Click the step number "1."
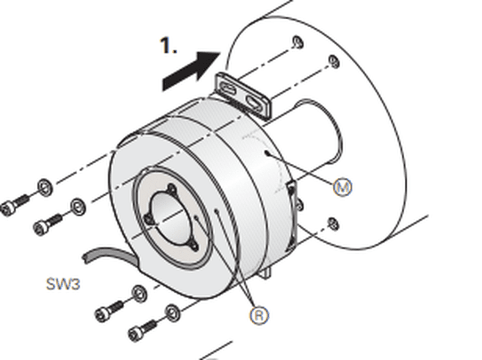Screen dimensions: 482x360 pos(169,46)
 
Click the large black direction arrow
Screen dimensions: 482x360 pos(191,72)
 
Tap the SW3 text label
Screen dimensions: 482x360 pos(63,284)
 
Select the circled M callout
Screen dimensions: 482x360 pos(343,187)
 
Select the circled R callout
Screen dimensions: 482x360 pos(259,315)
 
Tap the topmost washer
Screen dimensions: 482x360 pos(45,187)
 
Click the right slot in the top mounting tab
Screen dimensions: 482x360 pos(255,102)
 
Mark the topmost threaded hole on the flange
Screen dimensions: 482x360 pos(297,42)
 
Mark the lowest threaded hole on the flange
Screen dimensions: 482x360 pos(333,224)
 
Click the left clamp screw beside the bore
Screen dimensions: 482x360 pos(149,219)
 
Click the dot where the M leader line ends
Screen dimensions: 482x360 pos(266,152)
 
